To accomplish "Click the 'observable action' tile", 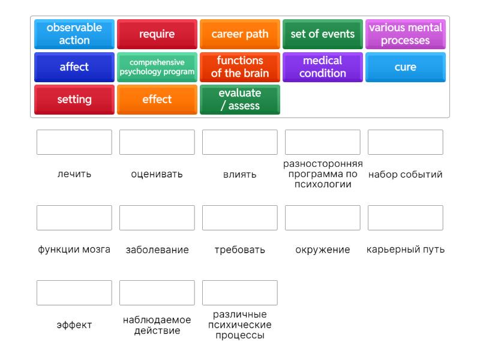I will pyautogui.click(x=74, y=34).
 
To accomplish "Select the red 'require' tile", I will pyautogui.click(x=157, y=34).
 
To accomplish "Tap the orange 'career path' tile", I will pyautogui.click(x=240, y=34).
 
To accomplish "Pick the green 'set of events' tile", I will pyautogui.click(x=323, y=34).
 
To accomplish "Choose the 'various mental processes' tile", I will pyautogui.click(x=406, y=34).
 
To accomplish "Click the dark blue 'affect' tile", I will pyautogui.click(x=74, y=67).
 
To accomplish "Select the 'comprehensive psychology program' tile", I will pyautogui.click(x=157, y=67).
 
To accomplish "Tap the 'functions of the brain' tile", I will pyautogui.click(x=240, y=67).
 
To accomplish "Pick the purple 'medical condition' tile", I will pyautogui.click(x=323, y=67).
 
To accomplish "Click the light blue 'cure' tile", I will pyautogui.click(x=406, y=67).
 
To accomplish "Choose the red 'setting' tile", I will pyautogui.click(x=74, y=99).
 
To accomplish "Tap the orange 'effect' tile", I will pyautogui.click(x=157, y=99).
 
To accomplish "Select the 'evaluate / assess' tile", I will pyautogui.click(x=240, y=99).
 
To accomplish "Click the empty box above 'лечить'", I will pyautogui.click(x=74, y=142).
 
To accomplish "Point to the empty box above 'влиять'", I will pyautogui.click(x=240, y=142).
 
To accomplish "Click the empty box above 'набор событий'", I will pyautogui.click(x=406, y=142).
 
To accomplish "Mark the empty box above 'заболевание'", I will pyautogui.click(x=157, y=218).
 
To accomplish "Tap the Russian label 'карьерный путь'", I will pyautogui.click(x=406, y=250).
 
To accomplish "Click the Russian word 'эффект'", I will pyautogui.click(x=74, y=325).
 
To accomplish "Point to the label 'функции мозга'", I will pyautogui.click(x=74, y=250).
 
